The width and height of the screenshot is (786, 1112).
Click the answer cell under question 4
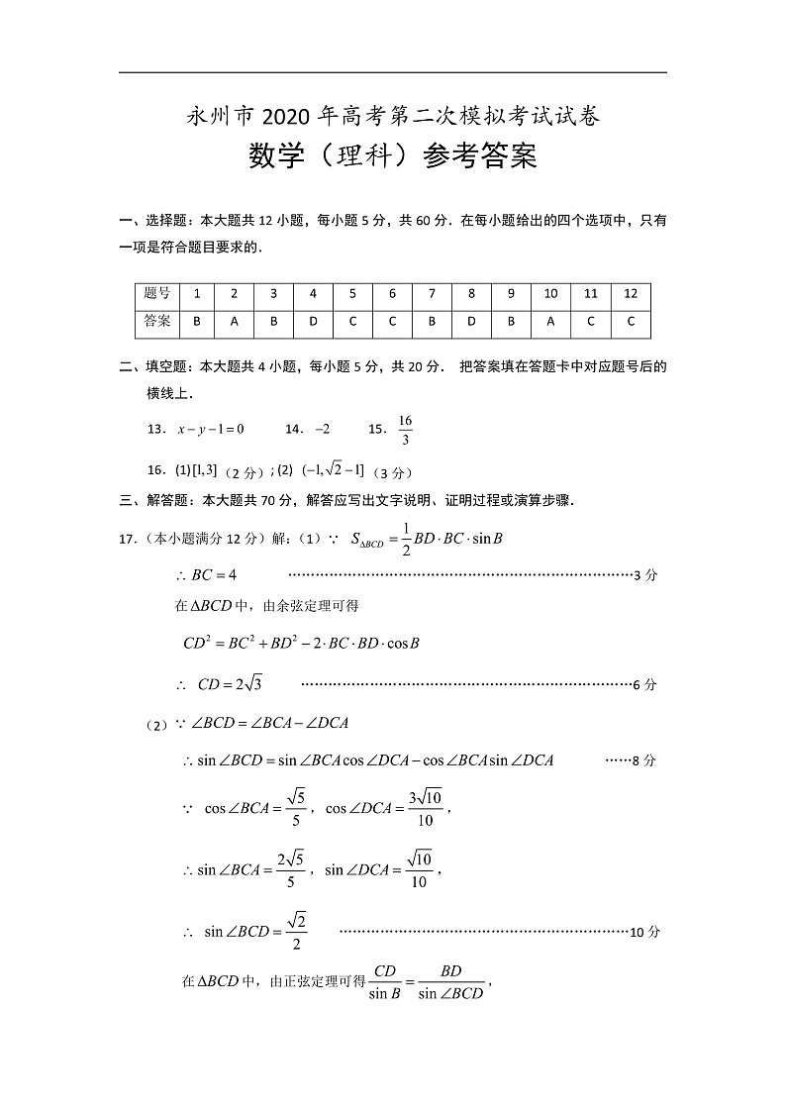pos(313,321)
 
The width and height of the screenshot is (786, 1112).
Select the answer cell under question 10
pos(550,321)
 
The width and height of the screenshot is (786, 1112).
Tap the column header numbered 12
pos(631,293)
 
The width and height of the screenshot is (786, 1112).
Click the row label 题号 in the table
pos(156,293)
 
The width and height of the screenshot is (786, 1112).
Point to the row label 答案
pos(156,321)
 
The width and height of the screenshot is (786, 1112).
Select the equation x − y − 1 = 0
pos(211,429)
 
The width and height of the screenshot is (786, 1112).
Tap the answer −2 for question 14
pos(322,429)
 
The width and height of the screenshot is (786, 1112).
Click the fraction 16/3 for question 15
pos(403,429)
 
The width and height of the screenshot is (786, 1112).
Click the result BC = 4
pos(206,574)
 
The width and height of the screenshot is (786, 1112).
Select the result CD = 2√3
pos(229,683)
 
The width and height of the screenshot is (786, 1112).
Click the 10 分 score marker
pos(644,932)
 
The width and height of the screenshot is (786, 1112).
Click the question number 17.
pos(126,539)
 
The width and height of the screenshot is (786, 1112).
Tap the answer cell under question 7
pos(432,321)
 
